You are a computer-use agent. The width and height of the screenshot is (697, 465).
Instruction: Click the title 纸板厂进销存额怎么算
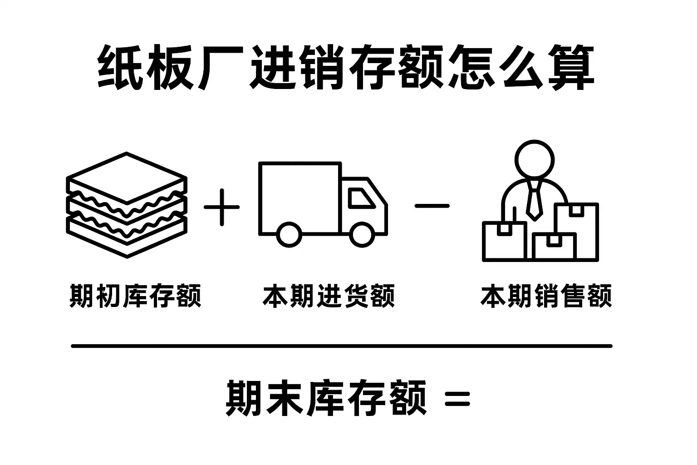346,67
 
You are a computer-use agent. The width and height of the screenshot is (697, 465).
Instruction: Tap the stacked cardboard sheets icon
127,205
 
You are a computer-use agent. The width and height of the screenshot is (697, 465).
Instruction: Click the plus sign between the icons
221,207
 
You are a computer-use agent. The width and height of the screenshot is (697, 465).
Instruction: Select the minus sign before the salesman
432,206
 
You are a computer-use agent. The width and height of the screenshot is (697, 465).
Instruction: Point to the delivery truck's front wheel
362,234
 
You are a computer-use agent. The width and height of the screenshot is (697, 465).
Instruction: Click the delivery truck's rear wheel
289,234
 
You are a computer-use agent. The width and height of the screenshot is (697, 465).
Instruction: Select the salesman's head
535,159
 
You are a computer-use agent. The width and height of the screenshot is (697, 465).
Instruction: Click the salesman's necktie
534,200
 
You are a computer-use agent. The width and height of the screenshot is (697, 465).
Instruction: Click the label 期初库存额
135,296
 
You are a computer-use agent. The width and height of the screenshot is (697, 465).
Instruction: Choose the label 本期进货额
329,296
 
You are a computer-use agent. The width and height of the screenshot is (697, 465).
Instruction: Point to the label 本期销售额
546,296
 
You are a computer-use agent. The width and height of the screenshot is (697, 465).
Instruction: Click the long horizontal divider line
341,346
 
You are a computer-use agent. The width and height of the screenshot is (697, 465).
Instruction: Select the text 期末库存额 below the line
326,398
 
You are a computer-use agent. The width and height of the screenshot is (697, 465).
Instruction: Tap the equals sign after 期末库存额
457,399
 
